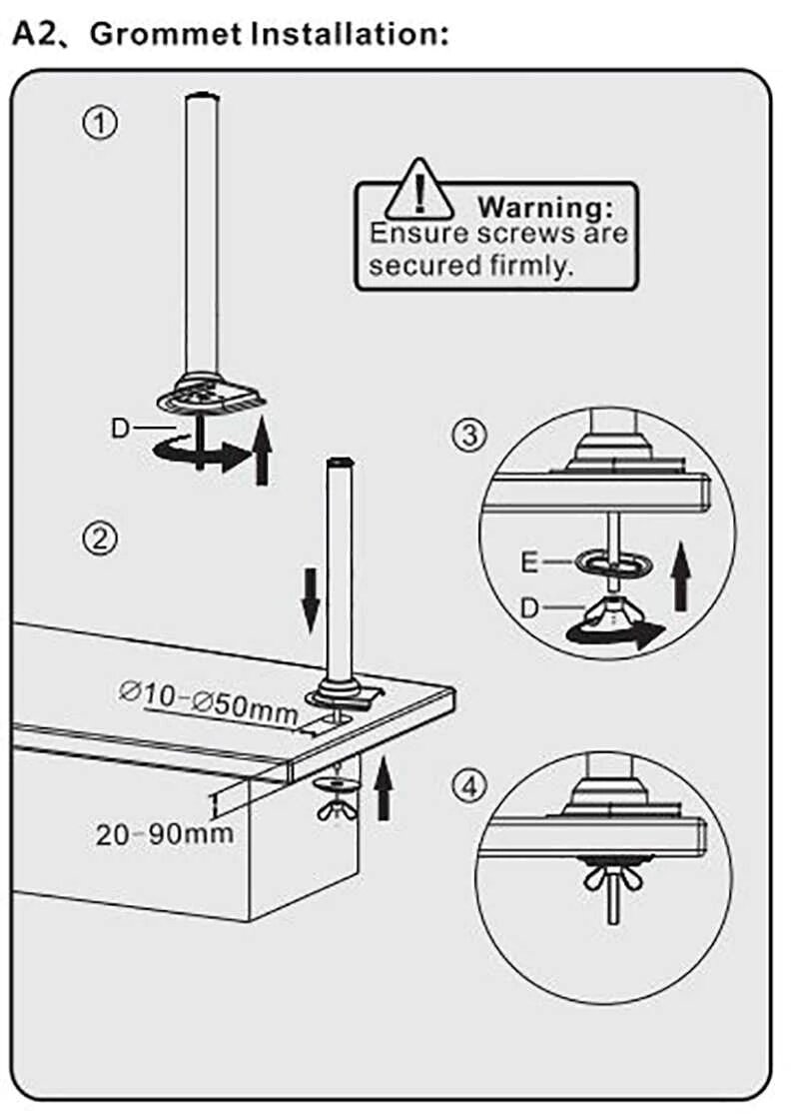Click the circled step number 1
click(100, 124)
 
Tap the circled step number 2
click(100, 539)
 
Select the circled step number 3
click(469, 434)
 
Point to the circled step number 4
click(469, 786)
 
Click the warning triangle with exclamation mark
click(420, 191)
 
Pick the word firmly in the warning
click(531, 266)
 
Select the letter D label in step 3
click(528, 608)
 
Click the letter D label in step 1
click(121, 429)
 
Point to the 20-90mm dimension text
click(165, 833)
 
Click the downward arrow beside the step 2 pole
click(311, 599)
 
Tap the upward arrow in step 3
click(681, 576)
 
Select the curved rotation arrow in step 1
click(202, 454)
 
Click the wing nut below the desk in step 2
click(338, 809)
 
